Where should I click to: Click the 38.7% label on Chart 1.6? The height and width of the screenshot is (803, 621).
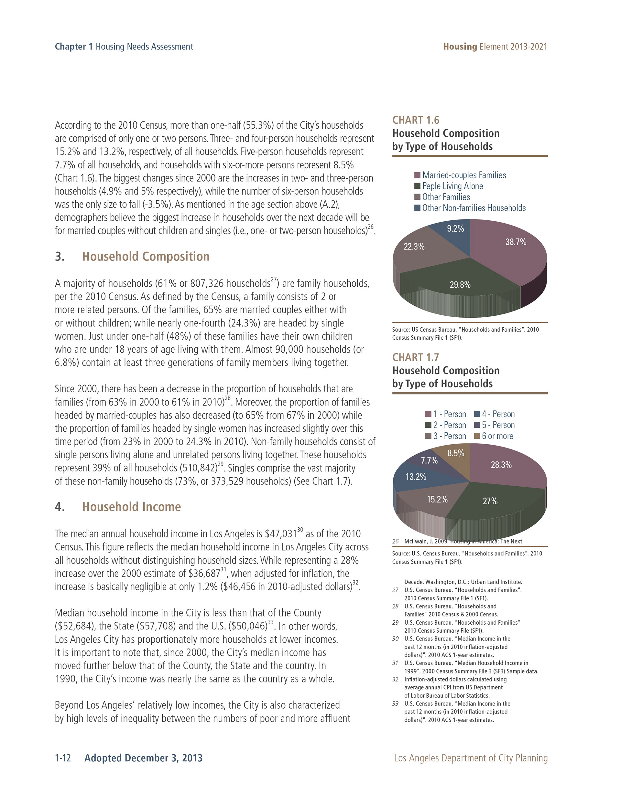pos(515,242)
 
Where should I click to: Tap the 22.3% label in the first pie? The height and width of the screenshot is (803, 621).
pos(414,246)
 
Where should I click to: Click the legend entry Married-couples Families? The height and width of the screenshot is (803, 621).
pos(464,175)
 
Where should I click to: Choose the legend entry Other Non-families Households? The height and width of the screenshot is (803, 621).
pos(474,208)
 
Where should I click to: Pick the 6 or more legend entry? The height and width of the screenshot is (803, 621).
pos(497,436)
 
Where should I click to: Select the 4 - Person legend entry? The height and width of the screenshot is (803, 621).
pos(498,414)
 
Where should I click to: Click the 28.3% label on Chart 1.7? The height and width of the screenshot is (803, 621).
pos(501,465)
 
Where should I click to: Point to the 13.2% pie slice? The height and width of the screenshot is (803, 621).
pos(416,477)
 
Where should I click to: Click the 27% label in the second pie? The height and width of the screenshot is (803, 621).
pos(490,501)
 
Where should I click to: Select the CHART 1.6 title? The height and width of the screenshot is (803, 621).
pos(416,120)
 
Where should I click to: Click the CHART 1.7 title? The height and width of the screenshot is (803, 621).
pos(416,357)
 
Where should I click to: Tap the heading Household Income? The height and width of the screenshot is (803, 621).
pos(131,507)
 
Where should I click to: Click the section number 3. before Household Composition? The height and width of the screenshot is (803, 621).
pos(60,256)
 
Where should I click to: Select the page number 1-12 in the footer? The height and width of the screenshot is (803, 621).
pos(62,758)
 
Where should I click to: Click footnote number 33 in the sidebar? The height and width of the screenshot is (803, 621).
pos(395,704)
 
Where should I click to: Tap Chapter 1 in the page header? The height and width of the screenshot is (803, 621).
pos(74,47)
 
